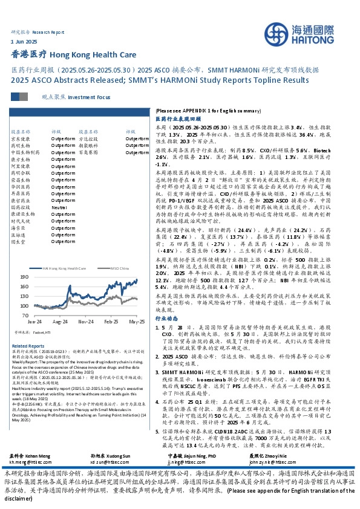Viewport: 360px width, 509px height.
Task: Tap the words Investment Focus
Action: click(89, 97)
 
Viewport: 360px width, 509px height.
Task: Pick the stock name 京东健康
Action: click(21, 138)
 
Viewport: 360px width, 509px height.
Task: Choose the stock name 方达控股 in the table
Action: click(89, 138)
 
